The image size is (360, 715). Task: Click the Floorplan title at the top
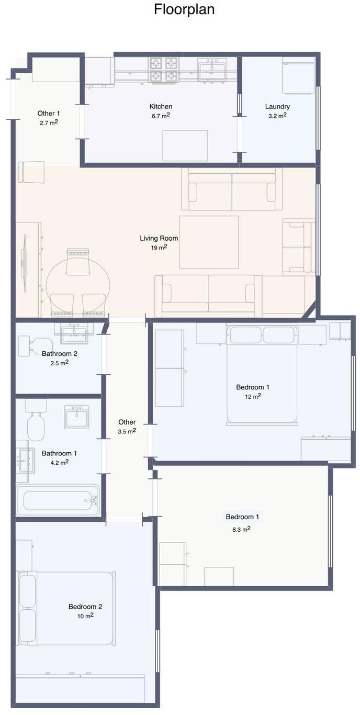pyautogui.click(x=184, y=9)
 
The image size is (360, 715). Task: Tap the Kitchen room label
pyautogui.click(x=161, y=107)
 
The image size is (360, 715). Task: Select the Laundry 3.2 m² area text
pyautogui.click(x=277, y=116)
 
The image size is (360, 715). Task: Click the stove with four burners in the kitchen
pyautogui.click(x=163, y=70)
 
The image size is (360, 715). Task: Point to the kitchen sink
pyautogui.click(x=212, y=70)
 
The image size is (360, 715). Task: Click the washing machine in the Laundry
pyautogui.click(x=298, y=76)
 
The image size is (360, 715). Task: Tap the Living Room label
pyautogui.click(x=159, y=238)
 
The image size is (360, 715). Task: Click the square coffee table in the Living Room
pyautogui.click(x=209, y=242)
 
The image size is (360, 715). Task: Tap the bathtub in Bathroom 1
pyautogui.click(x=58, y=500)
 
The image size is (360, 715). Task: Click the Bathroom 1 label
pyautogui.click(x=59, y=453)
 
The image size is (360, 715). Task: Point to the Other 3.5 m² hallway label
pyautogui.click(x=127, y=427)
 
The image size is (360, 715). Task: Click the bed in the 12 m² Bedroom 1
pyautogui.click(x=262, y=375)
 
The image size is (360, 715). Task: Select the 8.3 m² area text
pyautogui.click(x=241, y=529)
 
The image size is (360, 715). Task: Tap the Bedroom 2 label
pyautogui.click(x=85, y=607)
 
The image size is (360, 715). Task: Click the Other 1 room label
pyautogui.click(x=49, y=113)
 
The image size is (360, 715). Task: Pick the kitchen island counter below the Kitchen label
pyautogui.click(x=185, y=146)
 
